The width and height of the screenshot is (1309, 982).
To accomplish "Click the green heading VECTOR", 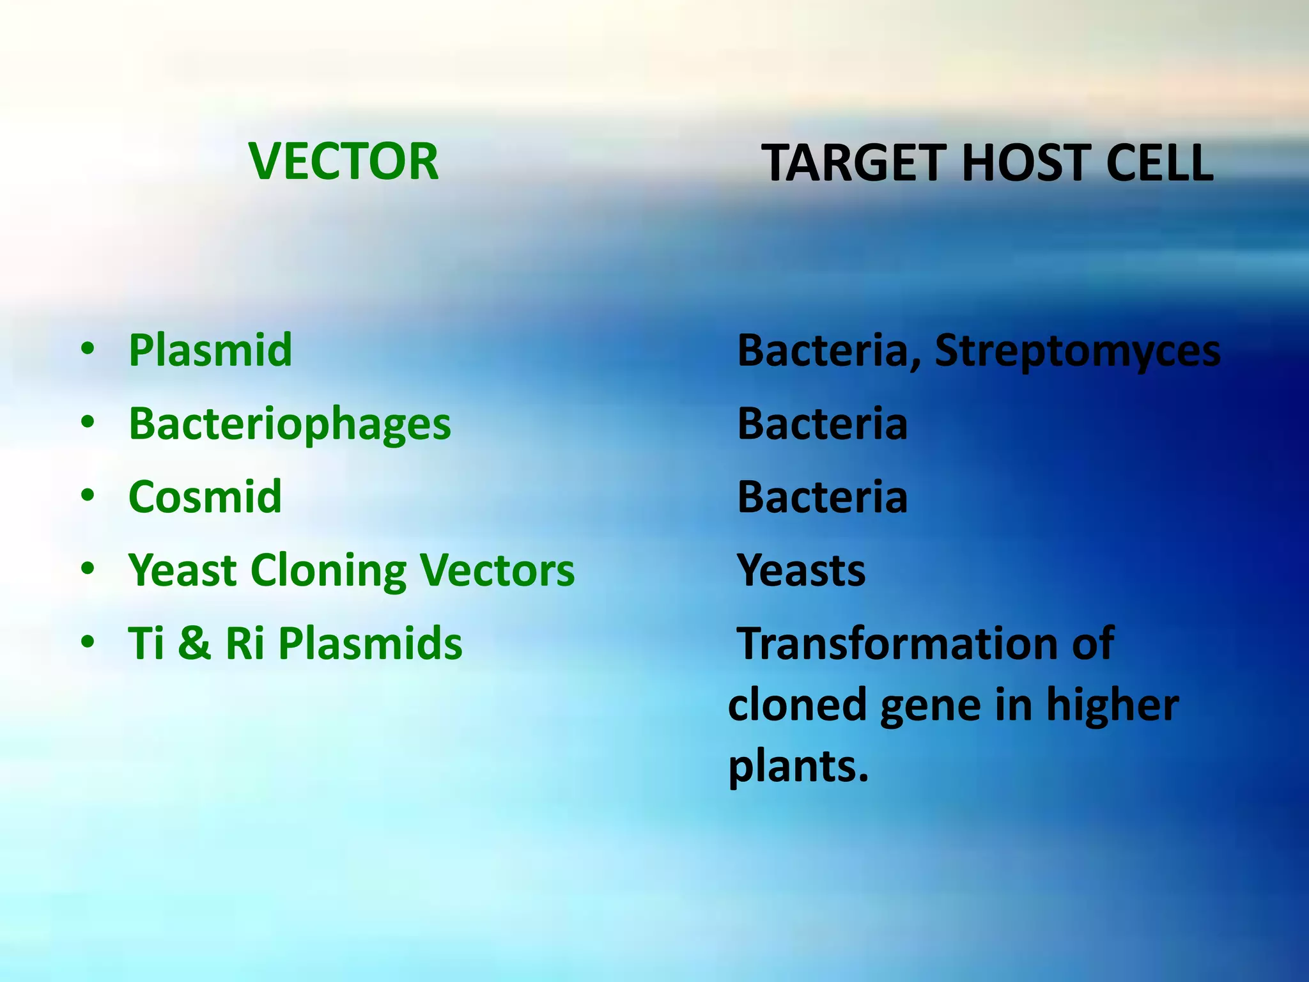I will click(344, 161).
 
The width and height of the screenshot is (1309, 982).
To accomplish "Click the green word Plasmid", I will click(210, 350).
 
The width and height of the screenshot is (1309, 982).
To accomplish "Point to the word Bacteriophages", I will click(290, 425).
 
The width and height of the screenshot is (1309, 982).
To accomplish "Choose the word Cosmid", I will click(205, 497).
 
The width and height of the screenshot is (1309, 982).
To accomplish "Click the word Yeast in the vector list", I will click(183, 570).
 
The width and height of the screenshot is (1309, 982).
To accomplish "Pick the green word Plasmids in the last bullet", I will click(370, 643).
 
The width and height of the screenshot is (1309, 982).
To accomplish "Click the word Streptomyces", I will click(1078, 352).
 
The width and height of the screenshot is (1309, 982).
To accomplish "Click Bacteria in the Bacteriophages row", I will click(823, 424).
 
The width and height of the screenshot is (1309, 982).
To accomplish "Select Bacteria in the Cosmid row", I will click(823, 497).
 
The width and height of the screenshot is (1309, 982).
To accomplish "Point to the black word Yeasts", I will click(802, 570).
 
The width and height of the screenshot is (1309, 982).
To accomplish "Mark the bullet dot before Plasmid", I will click(88, 350).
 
